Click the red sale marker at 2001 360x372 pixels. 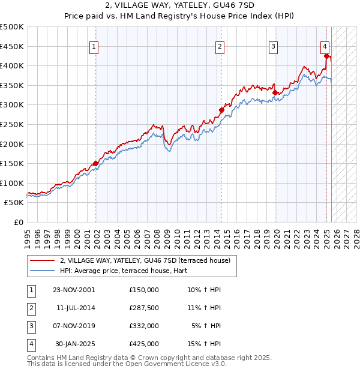pyautogui.click(x=95, y=163)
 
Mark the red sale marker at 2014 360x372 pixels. pyautogui.click(x=221, y=110)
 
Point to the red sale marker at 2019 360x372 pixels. pyautogui.click(x=275, y=92)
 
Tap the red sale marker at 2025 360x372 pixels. pyautogui.click(x=326, y=56)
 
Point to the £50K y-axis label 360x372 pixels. pyautogui.click(x=14, y=203)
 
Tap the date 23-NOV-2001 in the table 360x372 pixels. pyautogui.click(x=74, y=290)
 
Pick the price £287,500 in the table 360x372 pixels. pyautogui.click(x=144, y=308)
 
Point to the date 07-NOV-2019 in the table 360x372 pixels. pyautogui.click(x=74, y=326)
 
